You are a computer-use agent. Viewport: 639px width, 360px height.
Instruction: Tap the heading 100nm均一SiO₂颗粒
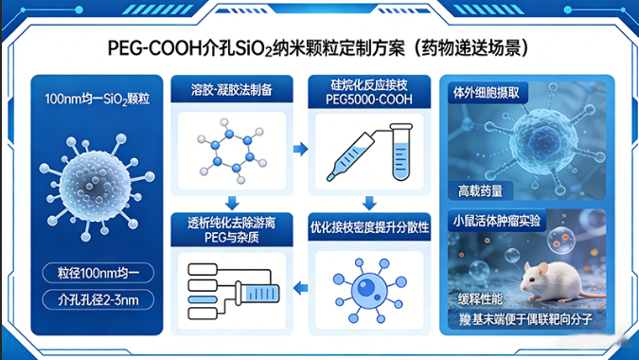pyautogui.click(x=94, y=99)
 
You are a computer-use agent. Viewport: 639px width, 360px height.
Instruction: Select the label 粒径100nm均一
pyautogui.click(x=93, y=276)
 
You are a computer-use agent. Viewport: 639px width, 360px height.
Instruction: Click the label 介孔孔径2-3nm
pyautogui.click(x=93, y=302)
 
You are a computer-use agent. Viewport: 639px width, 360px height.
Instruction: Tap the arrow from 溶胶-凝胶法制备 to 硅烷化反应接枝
pyautogui.click(x=300, y=150)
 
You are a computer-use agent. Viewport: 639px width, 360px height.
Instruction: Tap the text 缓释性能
pyautogui.click(x=481, y=302)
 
